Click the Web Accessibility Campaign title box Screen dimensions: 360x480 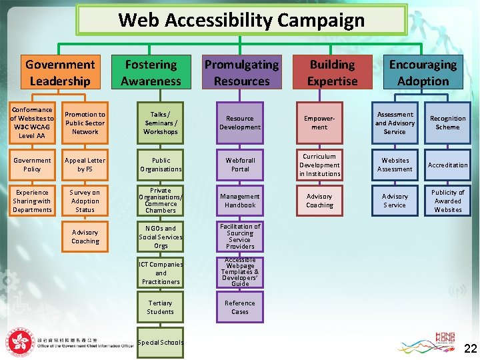click(x=241, y=20)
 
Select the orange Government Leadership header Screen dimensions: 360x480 click(x=60, y=73)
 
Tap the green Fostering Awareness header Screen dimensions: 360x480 click(x=151, y=73)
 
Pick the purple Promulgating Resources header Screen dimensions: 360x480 click(x=241, y=73)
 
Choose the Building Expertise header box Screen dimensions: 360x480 click(x=332, y=73)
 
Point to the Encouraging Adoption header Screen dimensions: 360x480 click(x=423, y=73)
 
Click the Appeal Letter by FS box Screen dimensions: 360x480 click(x=85, y=165)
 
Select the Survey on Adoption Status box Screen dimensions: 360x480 click(x=85, y=201)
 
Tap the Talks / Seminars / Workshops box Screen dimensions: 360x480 click(x=161, y=123)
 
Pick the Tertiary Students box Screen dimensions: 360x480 click(x=161, y=307)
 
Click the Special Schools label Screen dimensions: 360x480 click(x=160, y=343)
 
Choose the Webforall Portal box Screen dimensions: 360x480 click(x=240, y=165)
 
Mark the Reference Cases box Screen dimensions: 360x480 click(x=240, y=307)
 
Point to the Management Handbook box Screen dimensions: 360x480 click(x=240, y=201)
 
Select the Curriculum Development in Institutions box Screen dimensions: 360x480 click(x=319, y=165)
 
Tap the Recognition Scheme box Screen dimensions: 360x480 click(x=447, y=123)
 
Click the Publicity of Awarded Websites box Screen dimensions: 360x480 click(x=447, y=201)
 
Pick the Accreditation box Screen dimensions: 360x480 click(x=447, y=165)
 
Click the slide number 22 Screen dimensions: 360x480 click(x=470, y=348)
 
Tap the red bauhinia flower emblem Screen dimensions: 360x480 click(x=21, y=343)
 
